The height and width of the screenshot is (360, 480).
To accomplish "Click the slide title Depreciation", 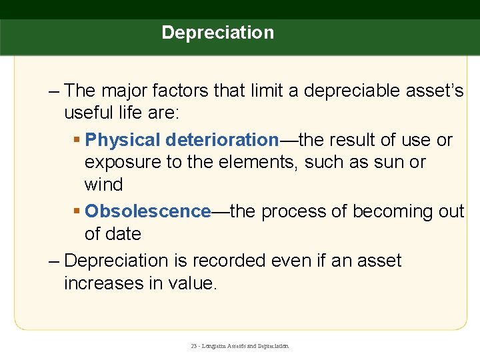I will pos(217,33).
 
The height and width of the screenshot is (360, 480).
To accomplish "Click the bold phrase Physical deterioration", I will pos(182,140).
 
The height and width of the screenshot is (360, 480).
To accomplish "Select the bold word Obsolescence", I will pos(148,211).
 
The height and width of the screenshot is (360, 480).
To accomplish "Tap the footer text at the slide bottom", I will pos(240,347).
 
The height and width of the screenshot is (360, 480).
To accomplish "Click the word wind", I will pos(103,185).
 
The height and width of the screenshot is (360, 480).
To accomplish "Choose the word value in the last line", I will pos(193,283).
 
